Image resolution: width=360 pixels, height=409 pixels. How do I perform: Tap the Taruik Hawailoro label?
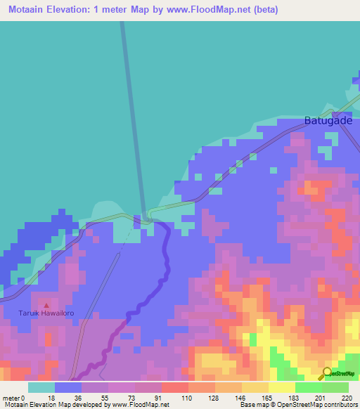tap(46, 314)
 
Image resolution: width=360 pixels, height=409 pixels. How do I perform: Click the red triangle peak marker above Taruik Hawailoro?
tap(46, 306)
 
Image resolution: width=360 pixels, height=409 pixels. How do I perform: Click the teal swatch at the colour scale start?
tap(41, 387)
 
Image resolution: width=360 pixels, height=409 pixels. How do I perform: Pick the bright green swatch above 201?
tap(308, 387)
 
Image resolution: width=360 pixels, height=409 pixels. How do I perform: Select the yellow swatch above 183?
tap(281, 387)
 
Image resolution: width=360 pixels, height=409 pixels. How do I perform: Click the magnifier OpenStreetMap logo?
tap(327, 373)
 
